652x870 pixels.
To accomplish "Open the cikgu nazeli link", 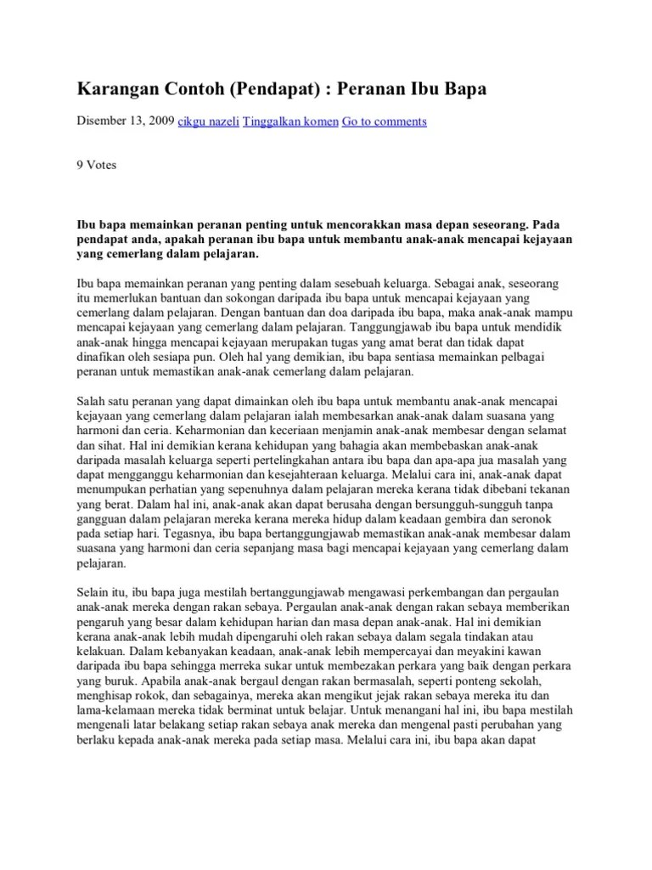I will click(208, 121).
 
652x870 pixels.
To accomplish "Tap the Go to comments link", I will click(384, 121).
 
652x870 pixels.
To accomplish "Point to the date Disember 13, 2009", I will click(125, 121).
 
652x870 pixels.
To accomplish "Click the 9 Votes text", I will click(97, 165).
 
